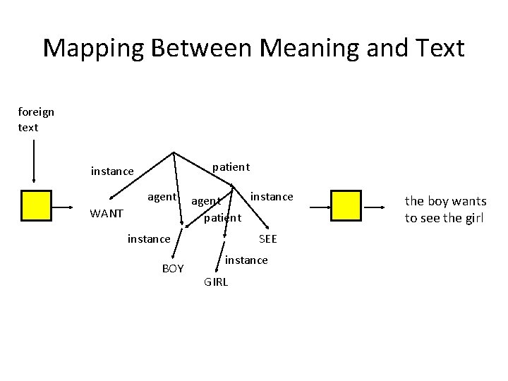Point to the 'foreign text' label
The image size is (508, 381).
coord(36,119)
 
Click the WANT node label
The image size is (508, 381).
coord(107,213)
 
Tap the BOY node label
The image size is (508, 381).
coord(173,268)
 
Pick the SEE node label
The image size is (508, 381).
coord(268,239)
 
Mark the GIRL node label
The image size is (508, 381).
coord(216,282)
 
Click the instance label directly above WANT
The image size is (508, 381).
coord(112,171)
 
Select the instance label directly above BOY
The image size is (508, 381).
coord(149,239)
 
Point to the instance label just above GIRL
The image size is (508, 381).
coord(246,260)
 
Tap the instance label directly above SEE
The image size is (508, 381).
coord(272,195)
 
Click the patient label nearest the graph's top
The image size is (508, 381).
coord(231,167)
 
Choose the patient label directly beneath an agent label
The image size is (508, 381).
coord(222,217)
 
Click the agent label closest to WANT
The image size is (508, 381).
coord(162,197)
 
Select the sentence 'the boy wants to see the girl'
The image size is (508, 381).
coord(445,210)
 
